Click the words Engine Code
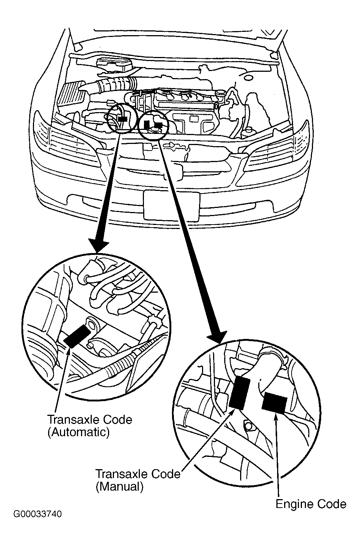(x=311, y=504)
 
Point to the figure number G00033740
(x=37, y=514)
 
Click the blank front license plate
(x=171, y=205)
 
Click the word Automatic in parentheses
(x=78, y=432)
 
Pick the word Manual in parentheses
(x=120, y=486)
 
